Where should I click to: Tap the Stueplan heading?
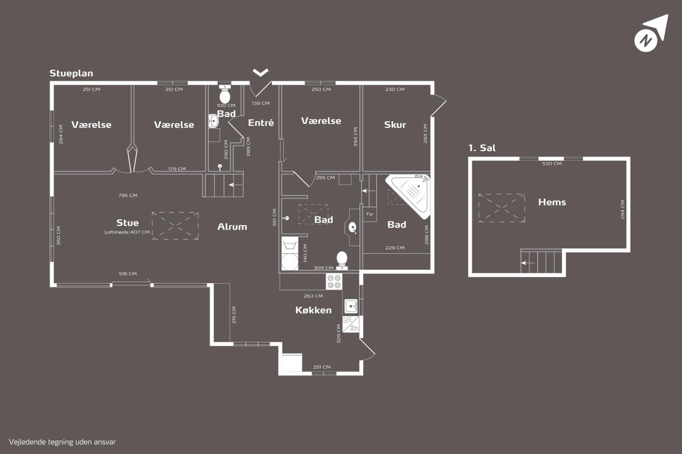click(71, 74)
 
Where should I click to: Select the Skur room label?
click(395, 125)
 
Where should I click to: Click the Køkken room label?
click(313, 310)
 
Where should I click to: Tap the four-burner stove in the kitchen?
click(334, 281)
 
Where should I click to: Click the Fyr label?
click(370, 214)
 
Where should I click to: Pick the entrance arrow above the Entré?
click(260, 72)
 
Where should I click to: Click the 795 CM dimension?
click(128, 195)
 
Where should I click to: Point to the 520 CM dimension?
click(552, 164)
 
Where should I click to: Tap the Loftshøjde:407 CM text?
click(127, 232)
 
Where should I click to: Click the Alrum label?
click(232, 227)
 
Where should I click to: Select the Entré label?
click(261, 123)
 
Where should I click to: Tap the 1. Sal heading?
click(482, 148)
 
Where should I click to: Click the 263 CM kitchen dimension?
click(313, 296)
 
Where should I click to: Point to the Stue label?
click(128, 223)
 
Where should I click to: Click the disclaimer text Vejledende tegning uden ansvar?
click(62, 442)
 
